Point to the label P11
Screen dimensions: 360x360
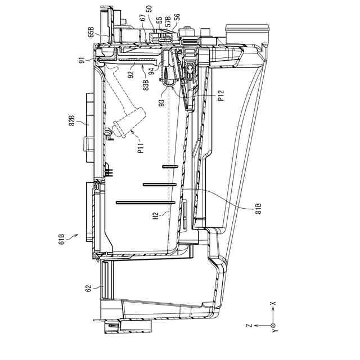[x=141, y=150]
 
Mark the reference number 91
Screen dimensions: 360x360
[x=83, y=60]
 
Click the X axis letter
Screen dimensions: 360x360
[x=272, y=304]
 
